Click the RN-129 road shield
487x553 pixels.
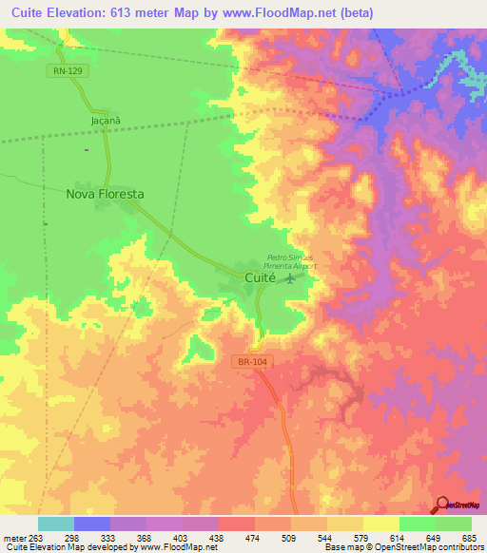[x=65, y=71]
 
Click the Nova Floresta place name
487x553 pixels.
[x=105, y=194]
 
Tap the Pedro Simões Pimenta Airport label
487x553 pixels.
[x=291, y=262]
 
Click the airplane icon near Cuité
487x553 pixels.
[x=289, y=282]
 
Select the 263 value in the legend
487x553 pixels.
[x=36, y=537]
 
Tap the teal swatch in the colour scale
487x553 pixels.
[x=55, y=524]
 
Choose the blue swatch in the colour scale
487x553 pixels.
[x=91, y=524]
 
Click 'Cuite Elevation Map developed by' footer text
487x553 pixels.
[x=70, y=547]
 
